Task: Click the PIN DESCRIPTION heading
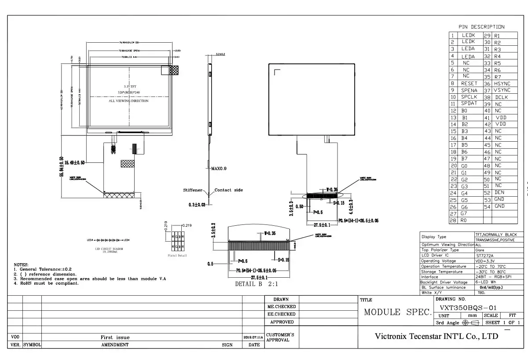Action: pyautogui.click(x=481, y=27)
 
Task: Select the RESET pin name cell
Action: pyautogui.click(x=469, y=83)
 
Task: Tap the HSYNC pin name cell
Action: pyautogui.click(x=502, y=83)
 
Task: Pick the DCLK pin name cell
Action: pyautogui.click(x=502, y=97)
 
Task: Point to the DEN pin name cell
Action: pyautogui.click(x=499, y=192)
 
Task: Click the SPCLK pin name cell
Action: pyautogui.click(x=469, y=97)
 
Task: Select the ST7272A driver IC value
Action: pyautogui.click(x=484, y=255)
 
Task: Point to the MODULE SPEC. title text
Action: pyautogui.click(x=398, y=312)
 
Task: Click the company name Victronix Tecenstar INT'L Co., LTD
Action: pyautogui.click(x=436, y=336)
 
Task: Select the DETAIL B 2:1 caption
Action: pyautogui.click(x=257, y=284)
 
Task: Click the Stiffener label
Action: pyautogui.click(x=193, y=190)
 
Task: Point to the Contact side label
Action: pyautogui.click(x=228, y=190)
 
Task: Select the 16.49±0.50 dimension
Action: pyautogui.click(x=74, y=163)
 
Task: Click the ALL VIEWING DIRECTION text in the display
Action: pyautogui.click(x=128, y=101)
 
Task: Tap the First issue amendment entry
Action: pyautogui.click(x=115, y=337)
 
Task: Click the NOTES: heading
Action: pyautogui.click(x=21, y=264)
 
